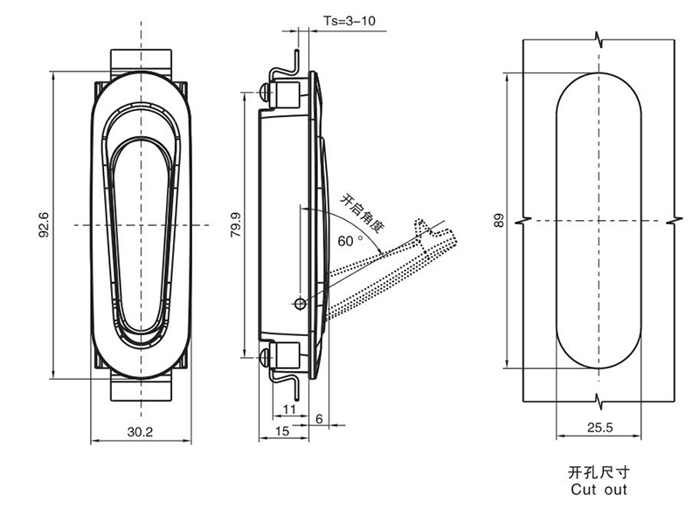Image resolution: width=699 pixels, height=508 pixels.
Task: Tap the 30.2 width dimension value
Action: pyautogui.click(x=140, y=431)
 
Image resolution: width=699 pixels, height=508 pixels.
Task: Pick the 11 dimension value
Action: pyautogui.click(x=290, y=408)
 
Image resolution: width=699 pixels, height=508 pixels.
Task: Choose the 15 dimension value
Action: pyautogui.click(x=282, y=431)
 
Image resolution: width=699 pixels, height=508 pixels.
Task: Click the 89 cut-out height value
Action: pyautogui.click(x=499, y=220)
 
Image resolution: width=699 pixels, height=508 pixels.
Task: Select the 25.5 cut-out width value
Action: pyautogui.click(x=599, y=428)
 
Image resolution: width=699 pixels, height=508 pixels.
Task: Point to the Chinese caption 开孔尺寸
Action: pyautogui.click(x=598, y=472)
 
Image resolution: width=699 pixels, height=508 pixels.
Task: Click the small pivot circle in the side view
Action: pyautogui.click(x=301, y=303)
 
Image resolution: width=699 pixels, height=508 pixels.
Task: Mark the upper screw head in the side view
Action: pyautogui.click(x=263, y=91)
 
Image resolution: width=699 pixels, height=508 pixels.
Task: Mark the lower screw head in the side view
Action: pyautogui.click(x=263, y=354)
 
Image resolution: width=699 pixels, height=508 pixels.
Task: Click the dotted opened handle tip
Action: pyautogui.click(x=436, y=234)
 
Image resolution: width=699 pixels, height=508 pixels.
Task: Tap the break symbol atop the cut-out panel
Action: pyautogui.click(x=599, y=40)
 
